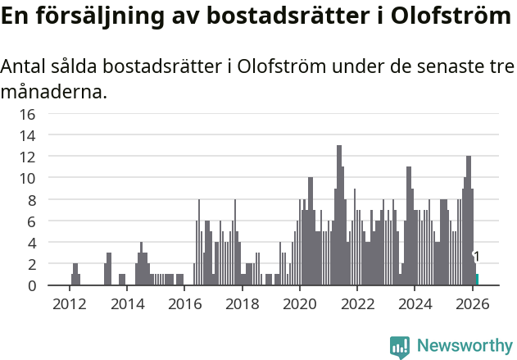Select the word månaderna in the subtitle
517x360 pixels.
(x=54, y=92)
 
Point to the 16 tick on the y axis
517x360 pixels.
(x=27, y=114)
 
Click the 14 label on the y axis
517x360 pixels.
(x=27, y=135)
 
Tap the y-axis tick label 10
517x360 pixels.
(x=27, y=178)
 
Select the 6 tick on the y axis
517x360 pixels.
(x=31, y=221)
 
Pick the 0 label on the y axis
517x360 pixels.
(x=31, y=286)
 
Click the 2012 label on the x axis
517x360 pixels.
(x=69, y=303)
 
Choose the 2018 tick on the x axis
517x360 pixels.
(x=242, y=303)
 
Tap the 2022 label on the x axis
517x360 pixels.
(x=357, y=303)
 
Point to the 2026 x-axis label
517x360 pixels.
(x=473, y=303)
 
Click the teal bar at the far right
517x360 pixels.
(x=477, y=280)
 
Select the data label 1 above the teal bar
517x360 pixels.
(x=477, y=257)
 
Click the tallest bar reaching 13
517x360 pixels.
(x=339, y=213)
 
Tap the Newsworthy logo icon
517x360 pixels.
(x=400, y=346)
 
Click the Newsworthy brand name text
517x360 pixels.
(x=463, y=346)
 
